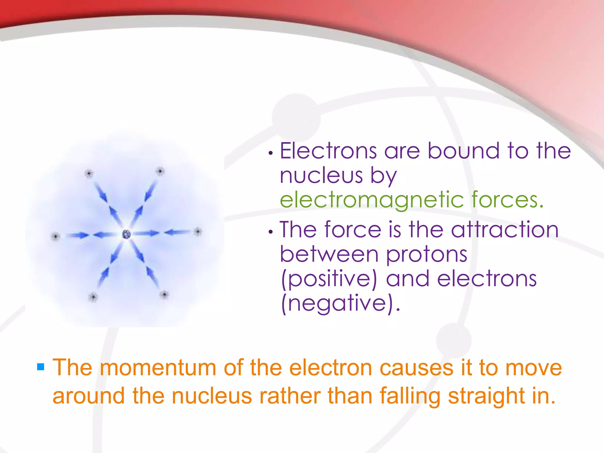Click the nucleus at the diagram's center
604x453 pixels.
point(127,234)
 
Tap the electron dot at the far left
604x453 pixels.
point(55,236)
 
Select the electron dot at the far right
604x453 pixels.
point(198,232)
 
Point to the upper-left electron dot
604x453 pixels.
point(89,173)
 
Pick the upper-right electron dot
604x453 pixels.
point(160,171)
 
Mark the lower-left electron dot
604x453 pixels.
point(93,297)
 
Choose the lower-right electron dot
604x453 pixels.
point(164,294)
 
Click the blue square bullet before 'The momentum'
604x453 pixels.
point(41,367)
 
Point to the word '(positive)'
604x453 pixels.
point(329,279)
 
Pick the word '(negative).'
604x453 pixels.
point(341,303)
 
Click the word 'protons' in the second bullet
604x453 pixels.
point(426,254)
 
